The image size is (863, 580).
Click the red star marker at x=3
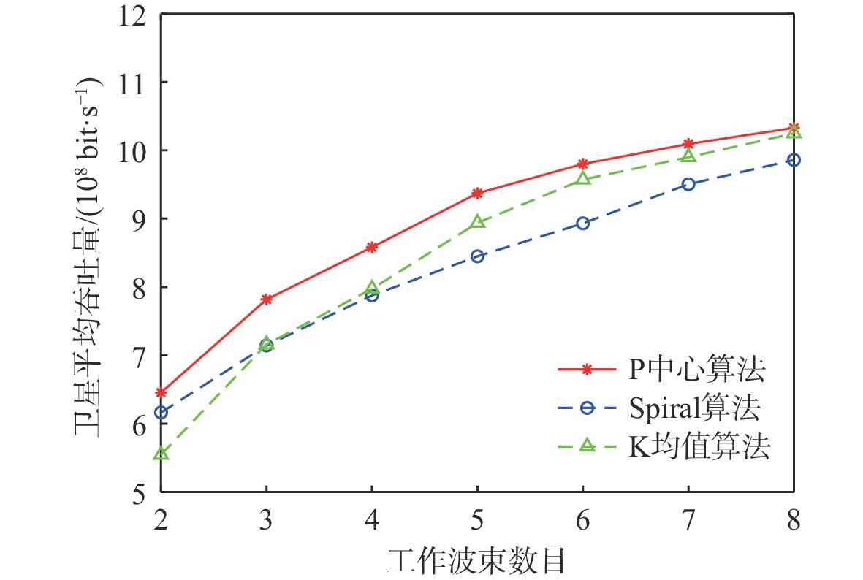[267, 299]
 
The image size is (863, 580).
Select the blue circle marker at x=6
[582, 224]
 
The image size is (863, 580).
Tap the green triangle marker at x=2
[161, 454]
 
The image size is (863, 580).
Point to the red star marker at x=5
[477, 193]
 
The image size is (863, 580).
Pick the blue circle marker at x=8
[794, 160]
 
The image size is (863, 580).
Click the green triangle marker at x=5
[477, 221]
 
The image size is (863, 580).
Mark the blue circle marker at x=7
[688, 184]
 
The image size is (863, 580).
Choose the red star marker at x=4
[372, 247]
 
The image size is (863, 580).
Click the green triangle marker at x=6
[582, 178]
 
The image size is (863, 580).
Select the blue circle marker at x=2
[161, 413]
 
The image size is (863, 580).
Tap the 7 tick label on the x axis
[688, 521]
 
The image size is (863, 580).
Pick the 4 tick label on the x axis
[372, 521]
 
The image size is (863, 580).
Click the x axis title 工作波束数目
[477, 560]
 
